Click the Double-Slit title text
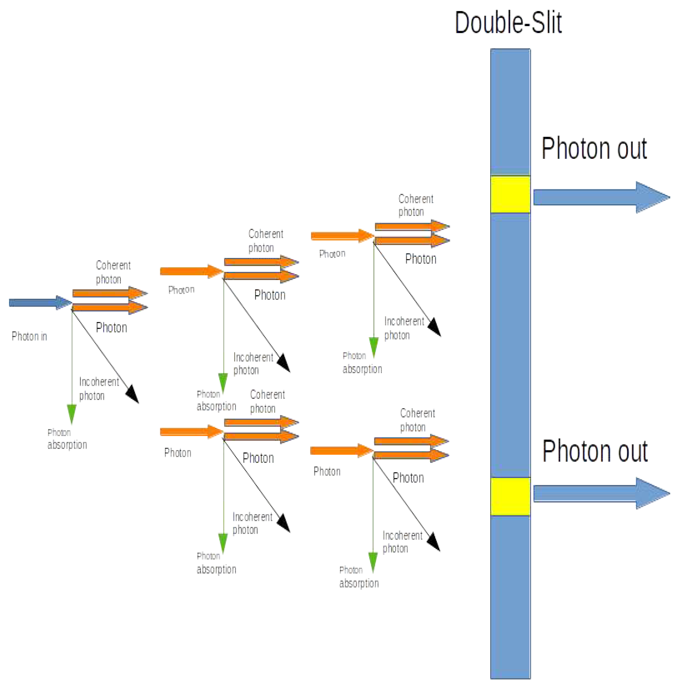pyautogui.click(x=508, y=23)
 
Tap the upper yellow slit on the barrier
pyautogui.click(x=510, y=194)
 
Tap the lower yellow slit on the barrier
pyautogui.click(x=510, y=496)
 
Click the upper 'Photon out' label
pyautogui.click(x=594, y=149)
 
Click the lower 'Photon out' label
pyautogui.click(x=595, y=452)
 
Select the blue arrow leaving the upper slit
pyautogui.click(x=600, y=198)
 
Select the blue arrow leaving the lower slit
pyautogui.click(x=600, y=494)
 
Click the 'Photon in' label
pyautogui.click(x=29, y=336)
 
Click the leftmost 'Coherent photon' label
pyautogui.click(x=113, y=272)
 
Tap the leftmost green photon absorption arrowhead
pyautogui.click(x=71, y=413)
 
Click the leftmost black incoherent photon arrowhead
pyautogui.click(x=133, y=394)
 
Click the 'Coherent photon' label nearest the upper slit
pyautogui.click(x=415, y=205)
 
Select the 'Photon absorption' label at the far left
pyautogui.click(x=67, y=439)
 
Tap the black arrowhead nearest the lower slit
pyautogui.click(x=434, y=542)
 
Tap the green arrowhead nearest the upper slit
pyautogui.click(x=373, y=347)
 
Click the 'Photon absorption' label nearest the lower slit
pyautogui.click(x=358, y=577)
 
